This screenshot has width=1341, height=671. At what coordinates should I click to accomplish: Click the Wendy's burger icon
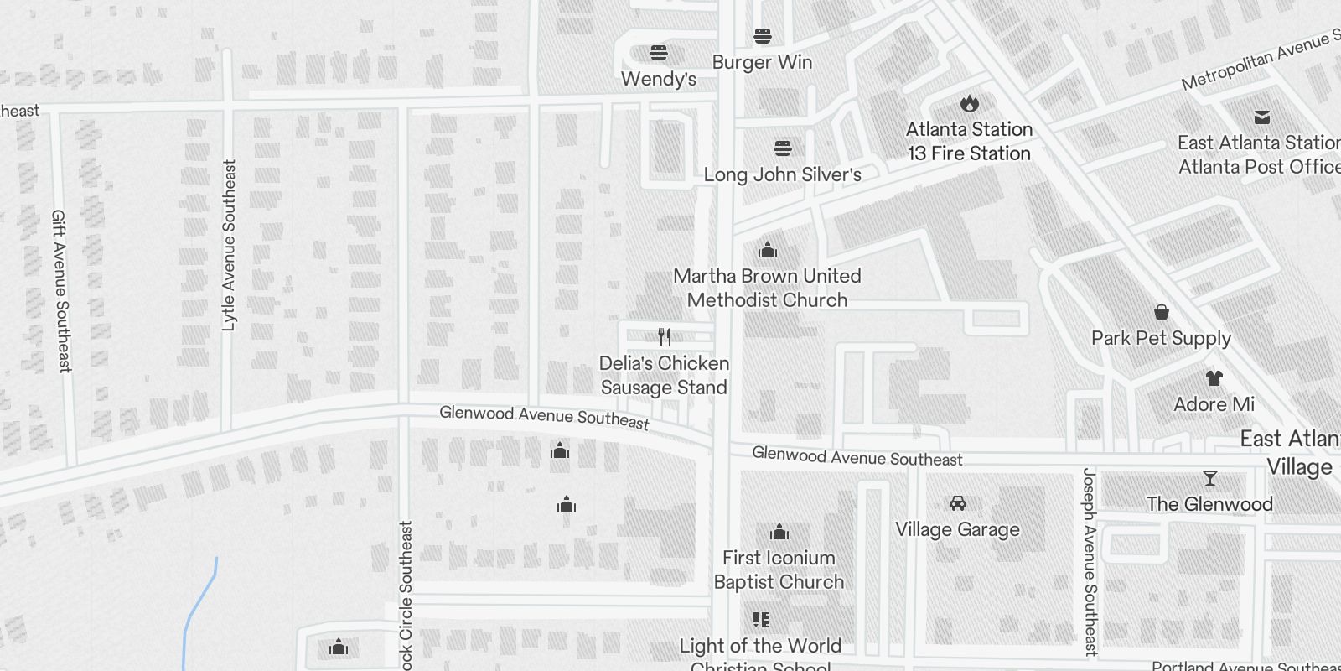click(x=659, y=53)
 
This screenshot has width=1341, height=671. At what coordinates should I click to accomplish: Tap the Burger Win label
click(x=762, y=62)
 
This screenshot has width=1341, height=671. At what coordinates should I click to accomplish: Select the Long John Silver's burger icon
click(x=783, y=148)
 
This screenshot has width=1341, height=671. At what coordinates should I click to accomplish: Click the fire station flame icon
click(x=970, y=103)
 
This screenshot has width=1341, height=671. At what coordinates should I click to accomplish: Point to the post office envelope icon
click(x=1261, y=117)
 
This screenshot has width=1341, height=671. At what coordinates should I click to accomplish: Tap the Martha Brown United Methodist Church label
click(x=767, y=288)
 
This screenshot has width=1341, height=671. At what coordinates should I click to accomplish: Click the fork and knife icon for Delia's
click(x=665, y=337)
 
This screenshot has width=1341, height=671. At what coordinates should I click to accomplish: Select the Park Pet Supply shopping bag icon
click(x=1162, y=312)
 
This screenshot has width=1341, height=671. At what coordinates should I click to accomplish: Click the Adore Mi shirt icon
click(x=1214, y=378)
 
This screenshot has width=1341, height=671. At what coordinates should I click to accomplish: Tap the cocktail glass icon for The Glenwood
click(x=1209, y=478)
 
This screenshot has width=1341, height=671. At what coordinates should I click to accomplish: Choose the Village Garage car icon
click(x=958, y=503)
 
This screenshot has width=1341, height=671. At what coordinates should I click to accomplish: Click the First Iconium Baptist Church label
click(x=779, y=570)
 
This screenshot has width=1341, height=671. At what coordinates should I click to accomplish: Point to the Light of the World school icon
click(x=761, y=620)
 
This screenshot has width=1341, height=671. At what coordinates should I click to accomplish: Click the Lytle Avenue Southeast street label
click(x=228, y=246)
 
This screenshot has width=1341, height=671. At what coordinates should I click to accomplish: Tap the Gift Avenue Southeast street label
click(x=61, y=290)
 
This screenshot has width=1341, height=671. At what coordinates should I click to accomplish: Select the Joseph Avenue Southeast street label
click(x=1090, y=561)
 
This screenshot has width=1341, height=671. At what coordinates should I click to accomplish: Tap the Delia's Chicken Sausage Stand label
click(x=664, y=375)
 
